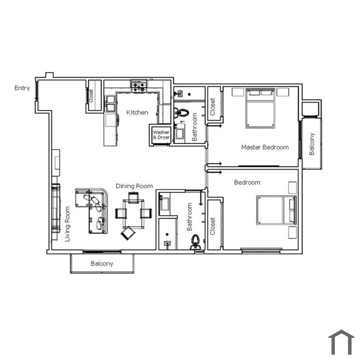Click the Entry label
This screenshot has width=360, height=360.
tap(22, 88)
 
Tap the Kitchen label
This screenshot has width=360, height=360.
tap(137, 112)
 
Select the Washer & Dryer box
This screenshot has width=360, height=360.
tap(161, 135)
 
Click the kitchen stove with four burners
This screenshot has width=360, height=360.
tap(139, 86)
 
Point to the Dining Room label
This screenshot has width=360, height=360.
tap(134, 186)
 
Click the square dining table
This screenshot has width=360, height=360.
tap(133, 214)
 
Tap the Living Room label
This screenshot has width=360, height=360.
tap(67, 224)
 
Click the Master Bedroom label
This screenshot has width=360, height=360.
tap(265, 147)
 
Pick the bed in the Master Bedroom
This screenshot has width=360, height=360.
tap(260, 108)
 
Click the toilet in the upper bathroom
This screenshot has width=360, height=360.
tap(181, 113)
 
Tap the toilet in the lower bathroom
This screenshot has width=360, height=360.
tap(195, 242)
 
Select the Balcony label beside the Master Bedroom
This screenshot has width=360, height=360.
tap(312, 143)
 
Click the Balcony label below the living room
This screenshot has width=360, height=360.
tap(102, 263)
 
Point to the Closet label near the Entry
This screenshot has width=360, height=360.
tap(91, 96)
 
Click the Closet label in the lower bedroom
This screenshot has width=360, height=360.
tap(212, 226)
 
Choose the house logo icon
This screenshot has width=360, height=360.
tap(341, 342)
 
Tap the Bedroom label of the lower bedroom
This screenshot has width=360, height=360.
tap(247, 183)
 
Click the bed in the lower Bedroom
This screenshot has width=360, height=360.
tap(276, 210)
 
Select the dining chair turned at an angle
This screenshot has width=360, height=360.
tap(128, 233)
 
